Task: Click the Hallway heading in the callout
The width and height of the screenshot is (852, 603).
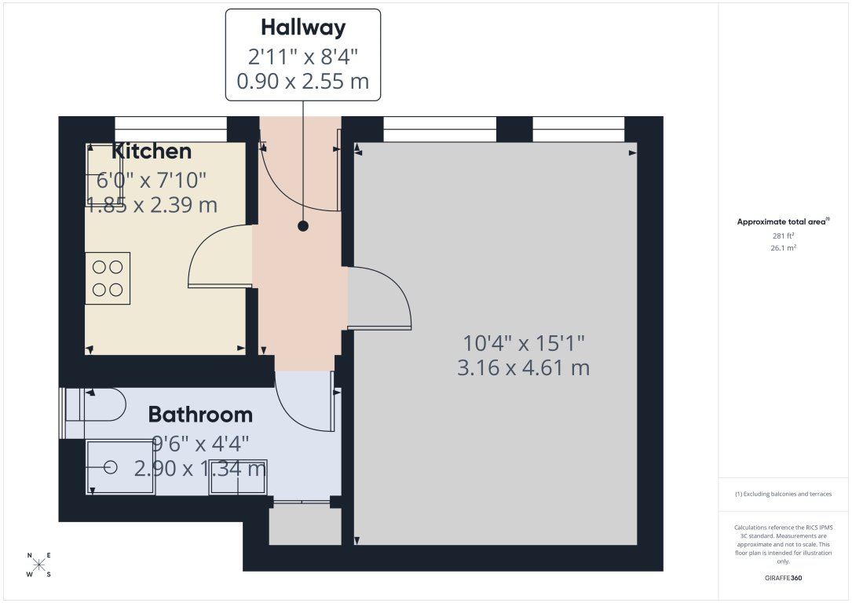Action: (x=302, y=28)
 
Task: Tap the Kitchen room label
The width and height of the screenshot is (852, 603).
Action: (x=152, y=152)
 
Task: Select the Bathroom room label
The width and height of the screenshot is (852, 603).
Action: (x=200, y=414)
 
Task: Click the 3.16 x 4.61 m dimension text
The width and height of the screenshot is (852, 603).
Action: (x=523, y=367)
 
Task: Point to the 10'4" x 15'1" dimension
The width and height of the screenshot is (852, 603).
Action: (x=523, y=343)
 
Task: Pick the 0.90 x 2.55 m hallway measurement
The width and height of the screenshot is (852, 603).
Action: (x=302, y=81)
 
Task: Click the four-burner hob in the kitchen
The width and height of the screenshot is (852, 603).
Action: (x=108, y=278)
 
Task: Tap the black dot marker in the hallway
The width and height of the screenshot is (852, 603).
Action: (x=302, y=226)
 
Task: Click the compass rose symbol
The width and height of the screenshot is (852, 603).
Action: (x=39, y=565)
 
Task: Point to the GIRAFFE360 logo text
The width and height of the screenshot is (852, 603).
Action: (x=783, y=578)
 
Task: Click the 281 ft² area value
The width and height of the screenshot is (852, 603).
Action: (x=783, y=236)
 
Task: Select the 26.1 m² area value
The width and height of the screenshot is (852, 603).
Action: (x=783, y=247)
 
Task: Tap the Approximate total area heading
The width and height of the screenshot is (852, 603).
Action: (x=783, y=222)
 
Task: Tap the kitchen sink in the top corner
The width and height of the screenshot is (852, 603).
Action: (x=104, y=174)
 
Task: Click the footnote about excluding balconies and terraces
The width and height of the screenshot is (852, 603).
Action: (x=783, y=494)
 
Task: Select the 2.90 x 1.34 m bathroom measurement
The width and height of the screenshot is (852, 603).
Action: (x=200, y=470)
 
